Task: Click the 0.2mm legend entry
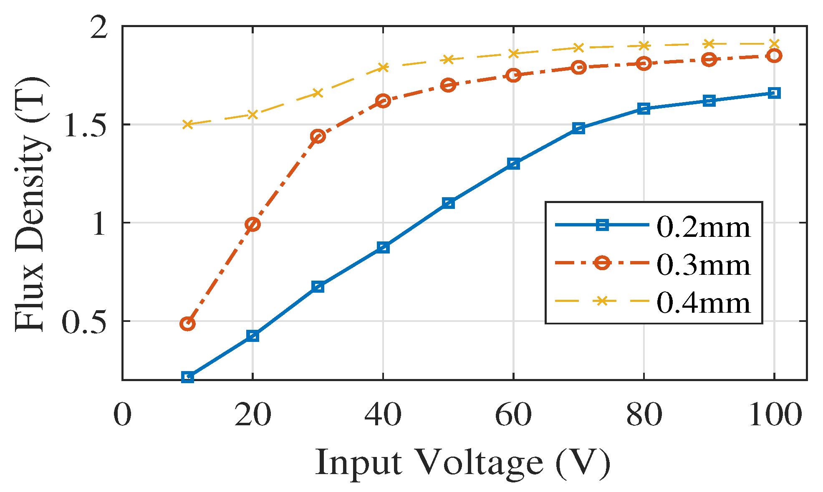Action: (x=704, y=227)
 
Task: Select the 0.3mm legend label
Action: (x=704, y=264)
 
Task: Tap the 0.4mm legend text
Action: (x=704, y=302)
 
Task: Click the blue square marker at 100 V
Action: (x=774, y=93)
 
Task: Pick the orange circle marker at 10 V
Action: (x=187, y=324)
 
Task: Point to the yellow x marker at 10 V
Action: (x=187, y=124)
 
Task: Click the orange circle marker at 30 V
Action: (x=318, y=136)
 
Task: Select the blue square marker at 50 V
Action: (x=448, y=203)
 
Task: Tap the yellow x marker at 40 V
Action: (x=383, y=67)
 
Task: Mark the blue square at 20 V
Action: (x=252, y=336)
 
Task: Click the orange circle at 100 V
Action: (x=774, y=55)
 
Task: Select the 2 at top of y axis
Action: (x=100, y=28)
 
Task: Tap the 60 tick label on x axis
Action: (x=513, y=415)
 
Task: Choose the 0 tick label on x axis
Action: (x=122, y=415)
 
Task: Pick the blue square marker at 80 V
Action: (x=644, y=109)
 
